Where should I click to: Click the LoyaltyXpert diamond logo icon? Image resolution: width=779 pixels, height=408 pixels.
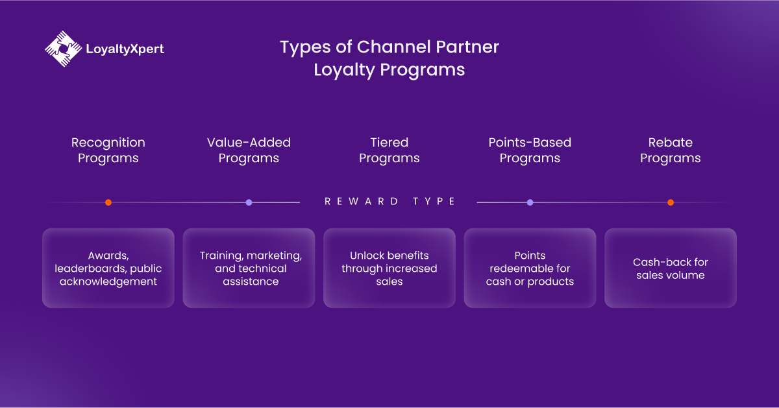pos(64,49)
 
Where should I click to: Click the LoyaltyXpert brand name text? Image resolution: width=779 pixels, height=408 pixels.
pos(125,49)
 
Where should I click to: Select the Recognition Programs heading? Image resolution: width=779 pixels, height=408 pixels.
pos(108,150)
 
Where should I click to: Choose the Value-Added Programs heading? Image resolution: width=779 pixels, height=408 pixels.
pos(249,150)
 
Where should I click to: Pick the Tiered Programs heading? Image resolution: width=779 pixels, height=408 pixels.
pos(389,150)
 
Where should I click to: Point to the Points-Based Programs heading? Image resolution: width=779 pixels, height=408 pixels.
pos(530,150)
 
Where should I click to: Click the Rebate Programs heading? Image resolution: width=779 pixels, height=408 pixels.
pos(670,150)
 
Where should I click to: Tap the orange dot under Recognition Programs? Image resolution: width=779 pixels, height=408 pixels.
pos(108,202)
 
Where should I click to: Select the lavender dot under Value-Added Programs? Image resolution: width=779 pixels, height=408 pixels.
pos(249,202)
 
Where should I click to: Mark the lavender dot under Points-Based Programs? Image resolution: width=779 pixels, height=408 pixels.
pos(530,202)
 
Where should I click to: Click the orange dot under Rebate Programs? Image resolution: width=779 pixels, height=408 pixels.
pos(671,202)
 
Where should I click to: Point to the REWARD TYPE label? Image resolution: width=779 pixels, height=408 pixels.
pos(389,201)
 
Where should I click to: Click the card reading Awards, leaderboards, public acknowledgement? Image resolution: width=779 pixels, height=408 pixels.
pos(108,268)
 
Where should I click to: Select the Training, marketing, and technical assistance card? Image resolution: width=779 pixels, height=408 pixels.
pos(249,268)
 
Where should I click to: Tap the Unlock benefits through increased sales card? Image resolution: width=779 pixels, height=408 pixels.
pos(389,268)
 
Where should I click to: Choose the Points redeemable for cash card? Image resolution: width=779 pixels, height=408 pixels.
pos(530,268)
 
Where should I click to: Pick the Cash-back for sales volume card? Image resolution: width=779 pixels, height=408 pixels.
pos(670,268)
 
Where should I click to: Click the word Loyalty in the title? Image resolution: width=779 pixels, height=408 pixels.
pos(344,70)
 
